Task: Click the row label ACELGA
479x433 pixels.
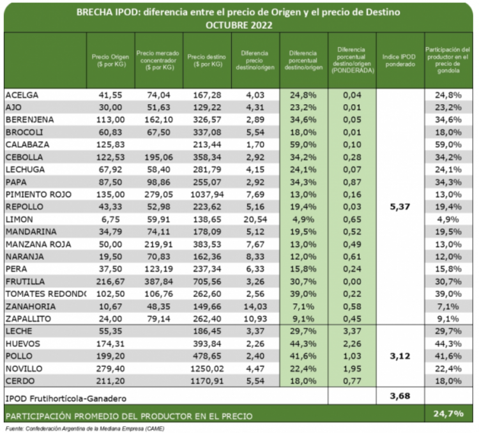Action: coord(22,95)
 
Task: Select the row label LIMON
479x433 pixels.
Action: coord(19,219)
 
